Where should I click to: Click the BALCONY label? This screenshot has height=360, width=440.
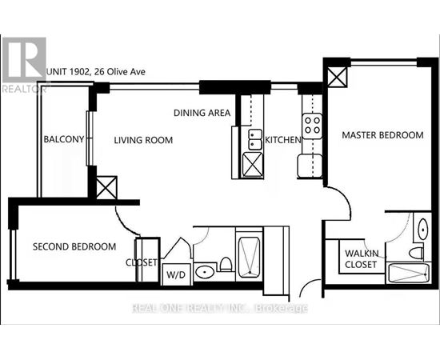point(64,139)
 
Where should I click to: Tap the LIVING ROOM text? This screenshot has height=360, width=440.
point(143,140)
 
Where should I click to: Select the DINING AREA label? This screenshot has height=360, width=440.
point(202,113)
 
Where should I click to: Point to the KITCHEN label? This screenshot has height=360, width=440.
point(283,139)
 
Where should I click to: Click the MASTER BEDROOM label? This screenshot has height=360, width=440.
point(382,135)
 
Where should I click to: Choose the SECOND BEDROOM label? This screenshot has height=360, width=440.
point(74,246)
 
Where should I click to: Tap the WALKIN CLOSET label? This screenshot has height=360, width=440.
point(362,258)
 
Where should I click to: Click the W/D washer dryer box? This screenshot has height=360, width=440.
point(177,274)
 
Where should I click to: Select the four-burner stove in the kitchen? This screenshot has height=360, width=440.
point(312,126)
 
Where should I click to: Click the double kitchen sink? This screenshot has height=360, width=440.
point(255,139)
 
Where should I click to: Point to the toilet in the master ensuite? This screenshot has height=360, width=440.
point(417,253)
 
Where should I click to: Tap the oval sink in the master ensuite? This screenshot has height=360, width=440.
point(423,229)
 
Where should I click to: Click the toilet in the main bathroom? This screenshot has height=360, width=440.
point(226,264)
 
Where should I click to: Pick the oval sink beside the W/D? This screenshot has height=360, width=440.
point(205,272)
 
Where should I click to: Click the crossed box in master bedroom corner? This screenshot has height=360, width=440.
point(338,77)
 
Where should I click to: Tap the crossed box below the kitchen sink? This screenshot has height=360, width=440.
point(253,165)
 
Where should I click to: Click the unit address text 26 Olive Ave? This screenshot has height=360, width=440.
point(120,72)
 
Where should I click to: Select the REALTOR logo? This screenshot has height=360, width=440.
point(24,65)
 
